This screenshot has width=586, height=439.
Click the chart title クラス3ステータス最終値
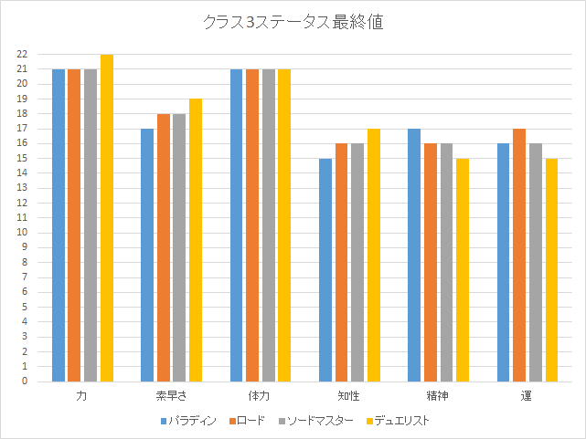pyautogui.click(x=293, y=23)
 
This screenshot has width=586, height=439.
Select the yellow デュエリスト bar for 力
pyautogui.click(x=107, y=219)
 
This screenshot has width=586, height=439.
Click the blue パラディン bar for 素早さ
pyautogui.click(x=147, y=256)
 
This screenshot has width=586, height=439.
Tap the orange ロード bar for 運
pyautogui.click(x=519, y=256)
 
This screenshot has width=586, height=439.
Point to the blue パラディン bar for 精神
pyautogui.click(x=414, y=256)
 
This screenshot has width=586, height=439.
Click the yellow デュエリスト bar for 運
pyautogui.click(x=552, y=270)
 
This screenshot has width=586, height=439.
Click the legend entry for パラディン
pyautogui.click(x=188, y=421)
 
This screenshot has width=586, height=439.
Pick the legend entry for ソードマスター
pyautogui.click(x=314, y=421)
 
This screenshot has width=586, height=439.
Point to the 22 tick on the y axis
pyautogui.click(x=21, y=55)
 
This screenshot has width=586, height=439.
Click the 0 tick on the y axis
pyautogui.click(x=24, y=382)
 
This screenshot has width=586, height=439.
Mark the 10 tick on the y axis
pyautogui.click(x=21, y=233)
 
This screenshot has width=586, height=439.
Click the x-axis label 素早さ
pyautogui.click(x=171, y=397)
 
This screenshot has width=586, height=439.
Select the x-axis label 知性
pyautogui.click(x=349, y=397)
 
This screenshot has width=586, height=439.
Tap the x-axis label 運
pyautogui.click(x=527, y=397)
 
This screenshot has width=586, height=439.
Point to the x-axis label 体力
pyautogui.click(x=260, y=397)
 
